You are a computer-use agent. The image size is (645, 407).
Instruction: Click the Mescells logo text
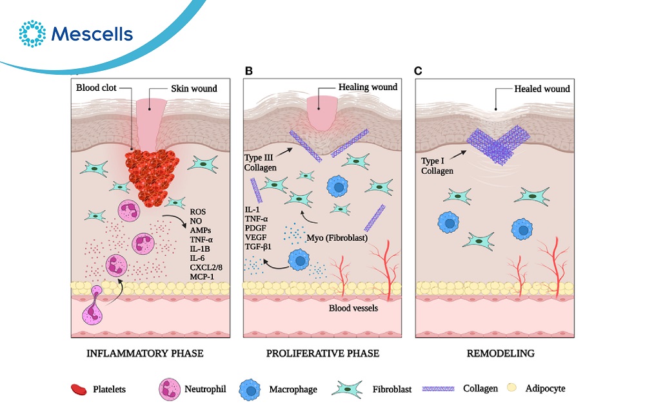[x=94, y=33]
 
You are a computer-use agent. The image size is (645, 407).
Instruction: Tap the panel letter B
[x=248, y=70]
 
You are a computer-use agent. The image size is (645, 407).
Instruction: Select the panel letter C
[x=418, y=70]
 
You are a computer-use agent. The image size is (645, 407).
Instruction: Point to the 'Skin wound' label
[x=193, y=88]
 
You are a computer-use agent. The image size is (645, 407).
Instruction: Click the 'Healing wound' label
[x=368, y=87]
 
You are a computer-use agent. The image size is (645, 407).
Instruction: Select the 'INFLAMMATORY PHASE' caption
[x=145, y=354]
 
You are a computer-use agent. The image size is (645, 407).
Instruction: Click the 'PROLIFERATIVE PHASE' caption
[x=322, y=354]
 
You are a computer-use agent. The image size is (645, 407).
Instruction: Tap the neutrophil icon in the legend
[x=170, y=389]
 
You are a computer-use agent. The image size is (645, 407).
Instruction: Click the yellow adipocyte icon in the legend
[x=511, y=389]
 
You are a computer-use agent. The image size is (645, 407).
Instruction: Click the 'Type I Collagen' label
[x=435, y=166]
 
